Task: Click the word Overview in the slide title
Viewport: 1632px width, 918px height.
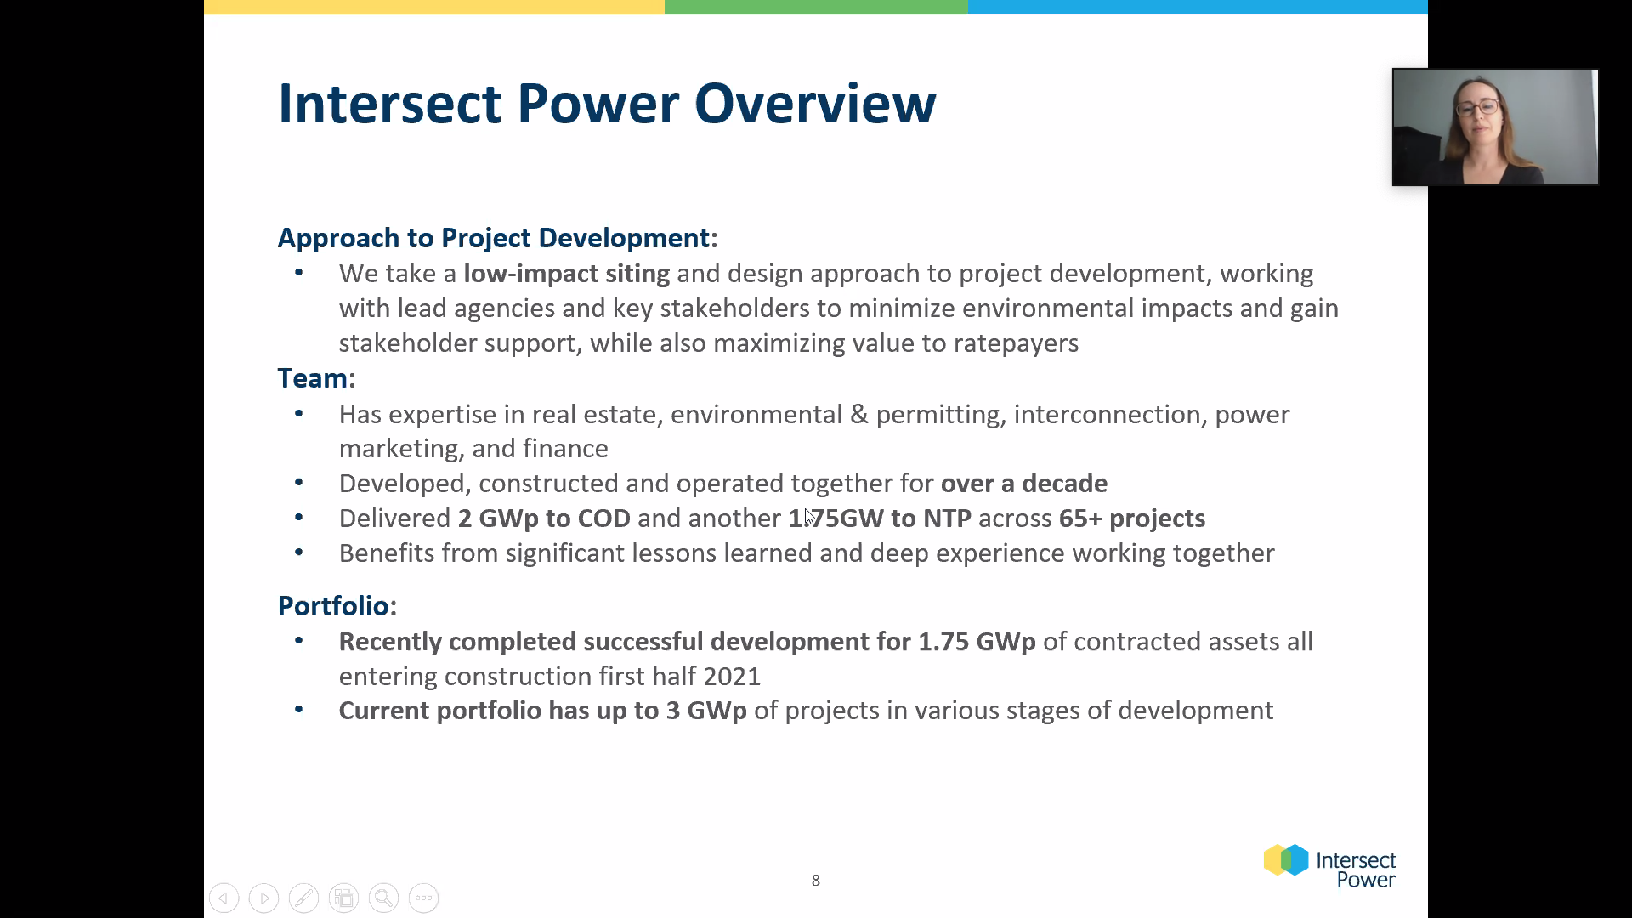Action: click(x=815, y=104)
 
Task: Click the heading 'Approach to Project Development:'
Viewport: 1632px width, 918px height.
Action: click(x=498, y=238)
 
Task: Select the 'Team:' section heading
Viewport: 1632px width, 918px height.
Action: click(x=317, y=378)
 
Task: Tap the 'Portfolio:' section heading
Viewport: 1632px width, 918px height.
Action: click(x=337, y=605)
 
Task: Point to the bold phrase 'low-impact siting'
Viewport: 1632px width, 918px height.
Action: click(x=566, y=274)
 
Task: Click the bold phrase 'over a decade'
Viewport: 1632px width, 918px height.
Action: click(x=1023, y=484)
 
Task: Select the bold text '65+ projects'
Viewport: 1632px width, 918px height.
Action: click(x=1131, y=518)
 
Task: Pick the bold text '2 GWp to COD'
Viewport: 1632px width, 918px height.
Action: click(x=544, y=518)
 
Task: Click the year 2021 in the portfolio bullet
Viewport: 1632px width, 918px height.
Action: click(x=732, y=677)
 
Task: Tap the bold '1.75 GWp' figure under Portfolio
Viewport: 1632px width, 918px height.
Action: click(x=977, y=642)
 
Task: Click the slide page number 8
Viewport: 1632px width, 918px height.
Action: click(x=816, y=881)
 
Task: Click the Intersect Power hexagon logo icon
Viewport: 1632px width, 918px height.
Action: click(x=1286, y=859)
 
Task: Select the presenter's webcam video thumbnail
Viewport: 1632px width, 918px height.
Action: click(x=1495, y=127)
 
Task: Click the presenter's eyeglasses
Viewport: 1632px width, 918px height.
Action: click(x=1477, y=108)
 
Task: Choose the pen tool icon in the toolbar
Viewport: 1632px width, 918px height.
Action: click(x=303, y=898)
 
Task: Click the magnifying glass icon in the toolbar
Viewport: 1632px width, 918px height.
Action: click(x=383, y=898)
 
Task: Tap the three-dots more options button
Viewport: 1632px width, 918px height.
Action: click(x=423, y=898)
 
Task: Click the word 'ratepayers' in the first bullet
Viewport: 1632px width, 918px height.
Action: click(x=1016, y=343)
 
